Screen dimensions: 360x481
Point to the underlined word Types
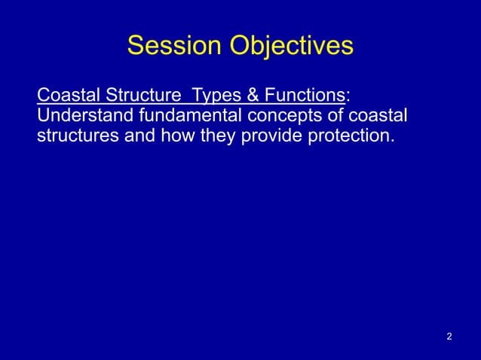215,96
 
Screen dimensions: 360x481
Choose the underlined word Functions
301,96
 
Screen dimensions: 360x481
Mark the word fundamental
186,117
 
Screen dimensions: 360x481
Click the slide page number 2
449,335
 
